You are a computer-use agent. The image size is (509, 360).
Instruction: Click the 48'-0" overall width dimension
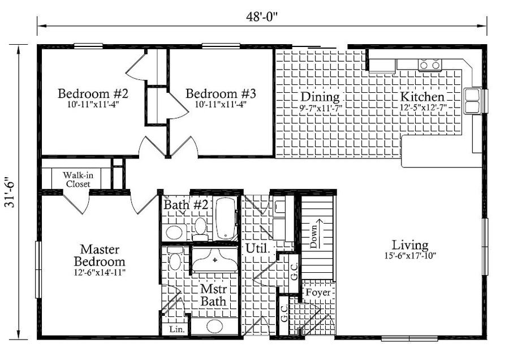click(262, 17)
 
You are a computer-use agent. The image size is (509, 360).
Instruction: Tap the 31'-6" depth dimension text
click(10, 192)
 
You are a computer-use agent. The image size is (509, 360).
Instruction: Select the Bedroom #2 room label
click(93, 93)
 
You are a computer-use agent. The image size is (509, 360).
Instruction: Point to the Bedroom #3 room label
click(221, 93)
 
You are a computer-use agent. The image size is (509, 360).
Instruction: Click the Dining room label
click(320, 96)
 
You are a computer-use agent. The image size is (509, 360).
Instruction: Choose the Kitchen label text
click(422, 96)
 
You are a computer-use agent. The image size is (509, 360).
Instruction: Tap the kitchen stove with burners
click(429, 65)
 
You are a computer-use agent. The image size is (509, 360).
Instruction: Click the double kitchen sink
click(472, 101)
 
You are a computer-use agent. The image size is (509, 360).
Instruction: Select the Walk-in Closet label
click(78, 179)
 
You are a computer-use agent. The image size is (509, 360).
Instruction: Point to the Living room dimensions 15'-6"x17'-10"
click(410, 256)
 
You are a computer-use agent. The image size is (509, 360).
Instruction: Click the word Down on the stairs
click(313, 237)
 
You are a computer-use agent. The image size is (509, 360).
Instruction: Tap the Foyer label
click(318, 293)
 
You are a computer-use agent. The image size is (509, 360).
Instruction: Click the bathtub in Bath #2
click(226, 218)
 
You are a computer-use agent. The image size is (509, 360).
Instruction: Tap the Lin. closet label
click(177, 329)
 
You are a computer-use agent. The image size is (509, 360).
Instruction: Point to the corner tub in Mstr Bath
click(214, 260)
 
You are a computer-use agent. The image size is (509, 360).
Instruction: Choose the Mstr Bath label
click(213, 295)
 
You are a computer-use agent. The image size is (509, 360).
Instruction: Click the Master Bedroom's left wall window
click(38, 269)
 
